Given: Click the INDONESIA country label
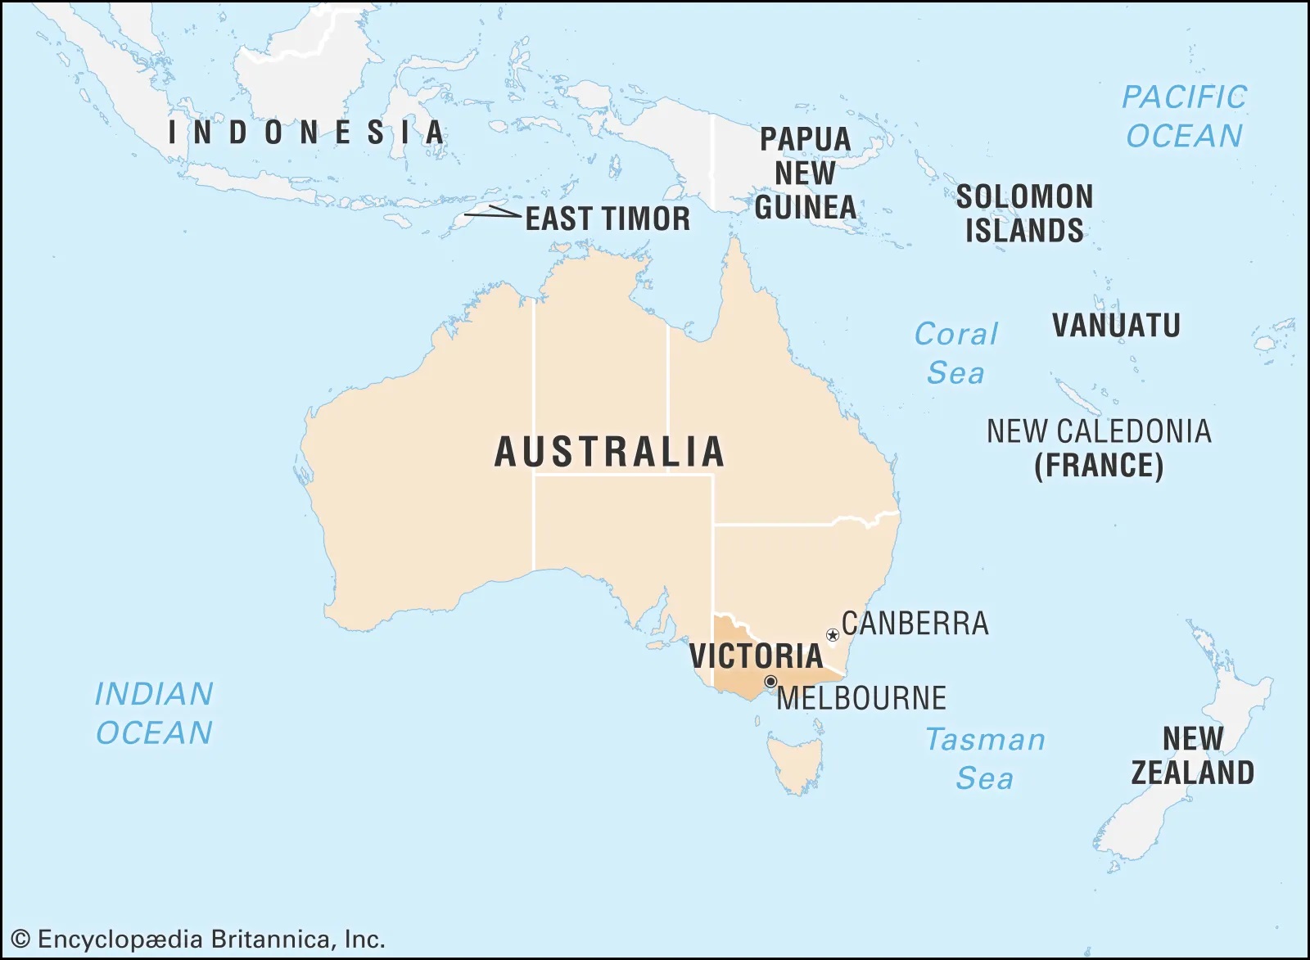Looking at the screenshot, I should click(x=306, y=133).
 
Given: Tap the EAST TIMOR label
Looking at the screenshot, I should click(x=608, y=219).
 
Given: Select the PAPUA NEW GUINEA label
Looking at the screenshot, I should click(x=806, y=174).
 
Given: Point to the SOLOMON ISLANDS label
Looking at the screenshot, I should click(x=1024, y=214).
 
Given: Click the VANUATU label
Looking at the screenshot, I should click(x=1116, y=326).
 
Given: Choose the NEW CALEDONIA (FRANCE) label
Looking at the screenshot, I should click(x=1099, y=448).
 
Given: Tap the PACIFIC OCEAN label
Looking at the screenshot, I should click(x=1184, y=116).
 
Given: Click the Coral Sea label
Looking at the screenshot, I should click(x=955, y=353).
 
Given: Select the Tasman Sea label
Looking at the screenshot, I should click(x=985, y=759).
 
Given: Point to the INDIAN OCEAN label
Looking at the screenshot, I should click(x=154, y=713).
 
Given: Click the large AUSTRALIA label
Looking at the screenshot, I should click(x=610, y=453).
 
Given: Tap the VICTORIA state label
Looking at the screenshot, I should click(x=756, y=656).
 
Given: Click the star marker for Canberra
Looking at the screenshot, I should click(x=833, y=635).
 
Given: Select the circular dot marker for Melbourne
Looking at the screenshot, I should click(x=770, y=682).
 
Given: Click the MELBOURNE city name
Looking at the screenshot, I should click(x=861, y=699).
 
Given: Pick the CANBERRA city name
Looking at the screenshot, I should click(x=915, y=624).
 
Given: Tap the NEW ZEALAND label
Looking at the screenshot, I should click(x=1192, y=755).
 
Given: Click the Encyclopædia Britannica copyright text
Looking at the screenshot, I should click(x=198, y=939).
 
